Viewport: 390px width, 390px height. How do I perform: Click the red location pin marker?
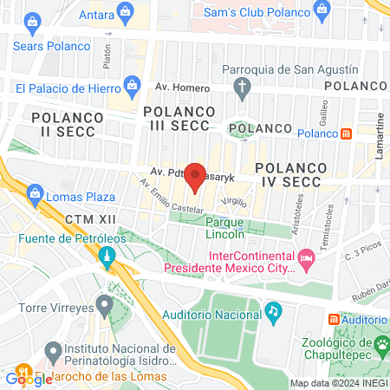(196, 176)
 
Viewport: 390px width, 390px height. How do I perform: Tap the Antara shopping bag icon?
(127, 12)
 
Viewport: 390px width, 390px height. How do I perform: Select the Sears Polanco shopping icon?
(33, 21)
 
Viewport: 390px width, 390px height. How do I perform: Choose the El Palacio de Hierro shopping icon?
(132, 84)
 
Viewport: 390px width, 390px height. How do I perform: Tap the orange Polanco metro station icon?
(346, 133)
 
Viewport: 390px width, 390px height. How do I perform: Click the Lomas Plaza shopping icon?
(35, 192)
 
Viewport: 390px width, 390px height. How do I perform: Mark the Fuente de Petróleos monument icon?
(107, 257)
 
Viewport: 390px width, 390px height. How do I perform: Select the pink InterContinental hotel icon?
(306, 258)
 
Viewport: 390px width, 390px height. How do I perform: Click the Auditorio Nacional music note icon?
(273, 310)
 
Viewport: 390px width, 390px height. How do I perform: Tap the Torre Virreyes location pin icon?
(105, 305)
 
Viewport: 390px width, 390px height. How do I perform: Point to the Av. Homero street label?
(183, 88)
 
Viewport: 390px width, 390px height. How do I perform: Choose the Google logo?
(29, 378)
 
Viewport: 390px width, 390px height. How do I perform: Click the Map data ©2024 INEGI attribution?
(339, 383)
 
